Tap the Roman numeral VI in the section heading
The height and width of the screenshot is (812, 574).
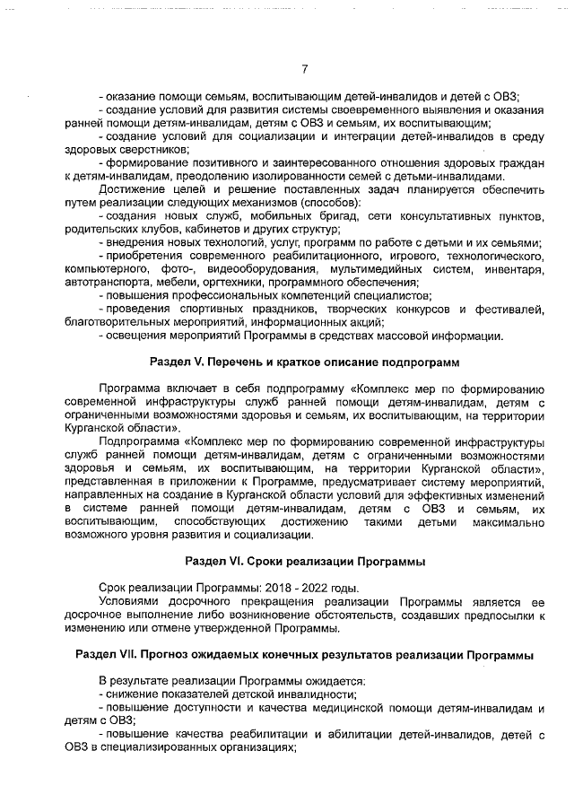coord(236,562)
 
